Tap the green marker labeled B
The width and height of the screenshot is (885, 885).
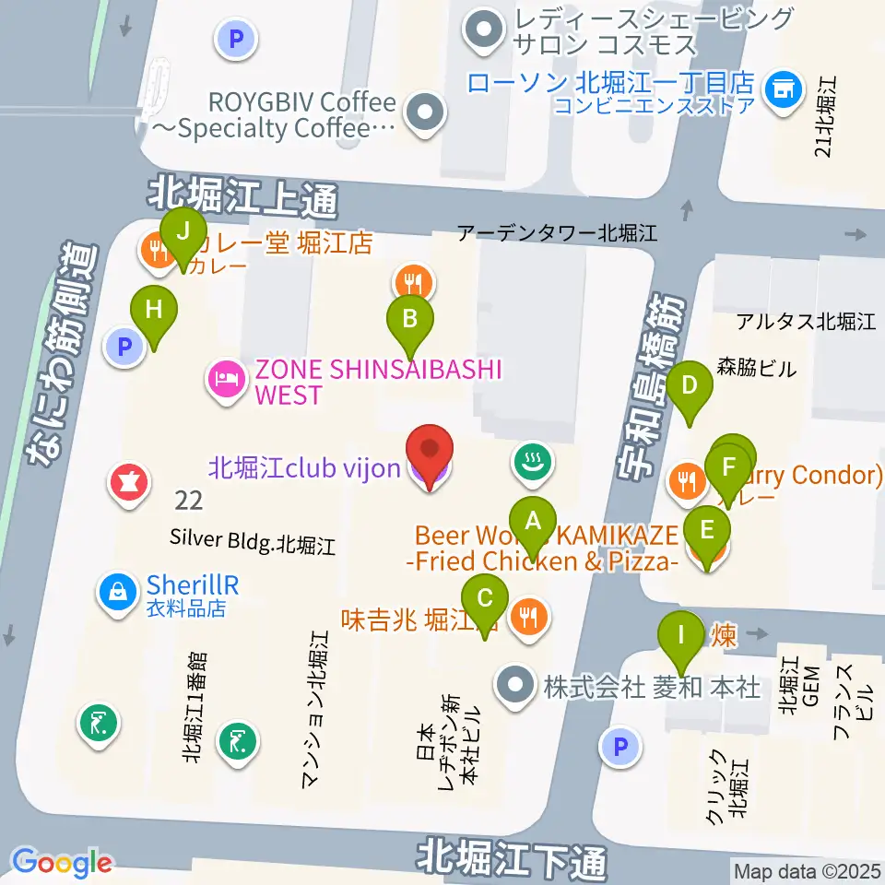pyautogui.click(x=410, y=320)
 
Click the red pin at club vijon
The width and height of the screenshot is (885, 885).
pyautogui.click(x=431, y=452)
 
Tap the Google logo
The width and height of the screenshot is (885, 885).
pyautogui.click(x=61, y=863)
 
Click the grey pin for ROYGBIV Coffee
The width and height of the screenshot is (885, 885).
pyautogui.click(x=426, y=113)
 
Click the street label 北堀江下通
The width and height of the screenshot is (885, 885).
pyautogui.click(x=512, y=857)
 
